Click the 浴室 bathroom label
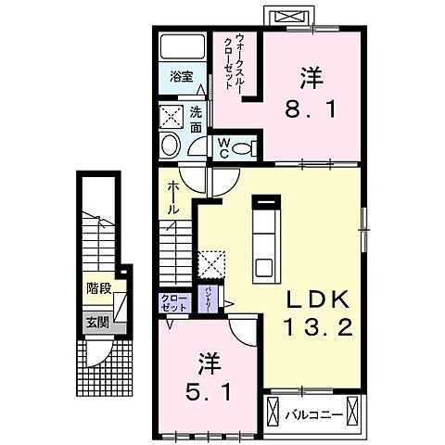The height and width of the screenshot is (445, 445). [x=181, y=78]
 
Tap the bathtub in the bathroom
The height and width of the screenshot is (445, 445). [x=181, y=48]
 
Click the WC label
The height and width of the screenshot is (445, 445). [x=223, y=148]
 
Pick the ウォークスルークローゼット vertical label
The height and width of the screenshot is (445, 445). [x=240, y=63]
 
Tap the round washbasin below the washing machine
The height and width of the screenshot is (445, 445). [x=171, y=145]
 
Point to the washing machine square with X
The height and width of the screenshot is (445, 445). [x=172, y=117]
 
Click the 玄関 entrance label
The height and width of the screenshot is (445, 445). [x=96, y=323]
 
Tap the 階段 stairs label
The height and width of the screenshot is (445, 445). [x=98, y=288]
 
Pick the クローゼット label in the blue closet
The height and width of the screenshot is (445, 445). [x=173, y=301]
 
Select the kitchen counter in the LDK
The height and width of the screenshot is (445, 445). [x=265, y=240]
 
